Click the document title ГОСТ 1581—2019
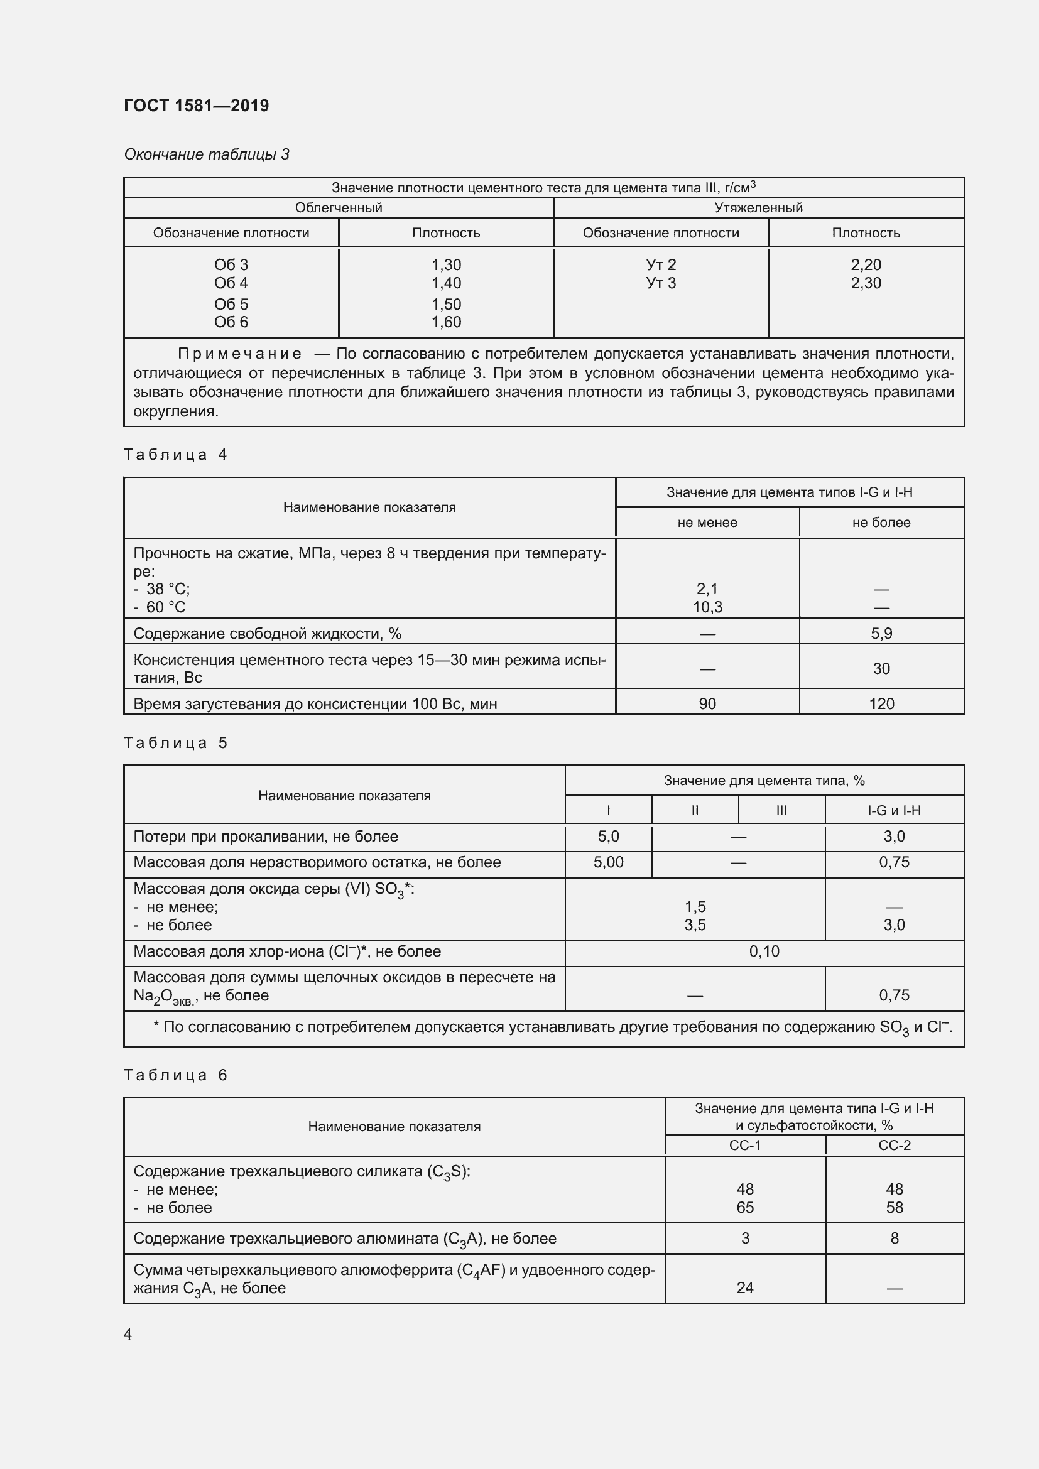(x=197, y=106)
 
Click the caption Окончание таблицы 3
(x=207, y=154)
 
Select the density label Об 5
(x=231, y=304)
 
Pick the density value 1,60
(x=446, y=322)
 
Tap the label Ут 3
(x=661, y=283)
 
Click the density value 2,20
(x=866, y=264)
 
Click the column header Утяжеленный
(x=758, y=207)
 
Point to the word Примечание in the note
(x=240, y=354)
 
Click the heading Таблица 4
(x=176, y=454)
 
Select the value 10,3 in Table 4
(x=707, y=607)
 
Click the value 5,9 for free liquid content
(x=881, y=634)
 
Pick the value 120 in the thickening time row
(x=881, y=704)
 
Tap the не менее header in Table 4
(x=707, y=522)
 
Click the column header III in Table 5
(x=781, y=810)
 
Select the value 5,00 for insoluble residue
(x=608, y=862)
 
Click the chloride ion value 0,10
(x=764, y=951)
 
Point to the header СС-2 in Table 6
(x=894, y=1145)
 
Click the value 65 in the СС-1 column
(x=745, y=1207)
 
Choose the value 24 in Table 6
(x=745, y=1287)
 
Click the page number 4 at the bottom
(x=128, y=1334)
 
